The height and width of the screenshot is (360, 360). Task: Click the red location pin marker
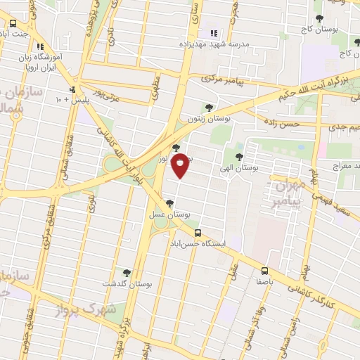181,164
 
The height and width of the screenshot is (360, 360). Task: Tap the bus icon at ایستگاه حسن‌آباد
197,232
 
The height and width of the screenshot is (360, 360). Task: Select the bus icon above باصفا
264,271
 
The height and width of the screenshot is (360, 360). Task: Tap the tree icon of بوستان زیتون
207,108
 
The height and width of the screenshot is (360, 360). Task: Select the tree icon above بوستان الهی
239,156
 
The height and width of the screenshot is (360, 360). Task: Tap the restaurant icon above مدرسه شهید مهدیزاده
213,32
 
